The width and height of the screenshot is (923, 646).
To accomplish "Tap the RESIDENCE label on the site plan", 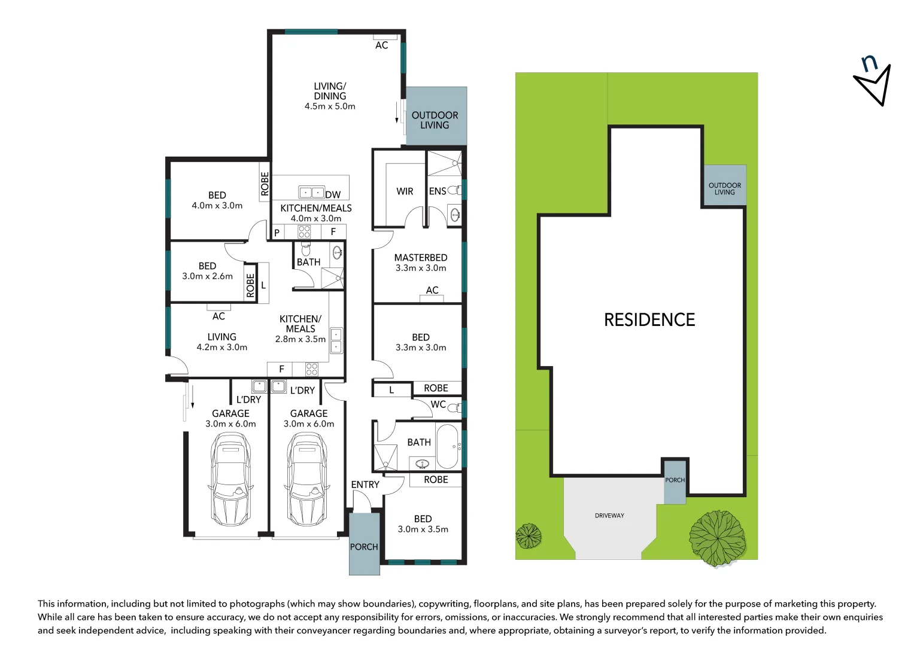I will (x=649, y=320).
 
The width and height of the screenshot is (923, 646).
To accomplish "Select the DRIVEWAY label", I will (x=609, y=516).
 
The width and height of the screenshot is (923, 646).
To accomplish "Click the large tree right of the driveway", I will (x=718, y=538).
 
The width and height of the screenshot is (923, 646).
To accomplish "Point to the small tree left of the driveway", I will (x=529, y=536).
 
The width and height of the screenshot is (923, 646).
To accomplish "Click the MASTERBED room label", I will (x=421, y=258).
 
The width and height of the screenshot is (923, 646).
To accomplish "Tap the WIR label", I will (x=405, y=191).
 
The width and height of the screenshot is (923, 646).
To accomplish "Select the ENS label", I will (x=438, y=191).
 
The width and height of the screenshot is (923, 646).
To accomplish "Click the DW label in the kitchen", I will (x=333, y=195).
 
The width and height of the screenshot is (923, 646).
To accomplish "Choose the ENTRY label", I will (x=365, y=484).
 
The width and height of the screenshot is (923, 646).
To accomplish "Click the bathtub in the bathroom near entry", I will (x=447, y=446).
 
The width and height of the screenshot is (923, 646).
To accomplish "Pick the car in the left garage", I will (x=230, y=479).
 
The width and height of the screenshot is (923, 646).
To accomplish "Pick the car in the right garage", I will (x=308, y=479).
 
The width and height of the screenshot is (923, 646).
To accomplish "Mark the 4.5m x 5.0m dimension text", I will (x=330, y=106).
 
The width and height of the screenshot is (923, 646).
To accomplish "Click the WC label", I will (x=438, y=404).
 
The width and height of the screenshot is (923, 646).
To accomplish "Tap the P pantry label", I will (x=277, y=232).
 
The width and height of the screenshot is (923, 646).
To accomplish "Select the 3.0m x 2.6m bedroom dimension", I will (x=207, y=276).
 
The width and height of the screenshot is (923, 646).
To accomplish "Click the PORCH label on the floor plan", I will (x=364, y=547).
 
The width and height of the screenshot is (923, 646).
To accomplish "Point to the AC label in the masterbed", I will (x=432, y=290).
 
